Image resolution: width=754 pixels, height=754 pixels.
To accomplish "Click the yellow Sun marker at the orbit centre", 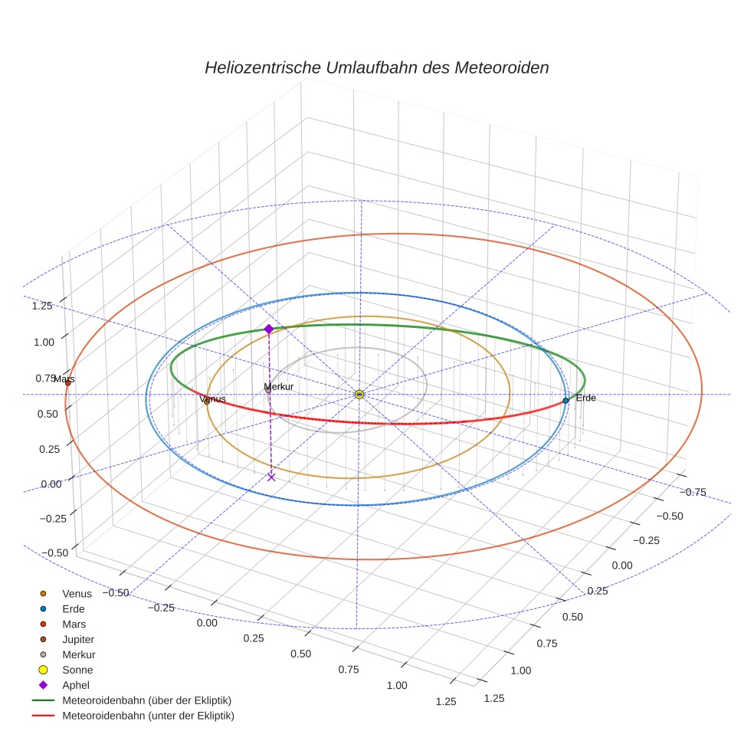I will pyautogui.click(x=359, y=394).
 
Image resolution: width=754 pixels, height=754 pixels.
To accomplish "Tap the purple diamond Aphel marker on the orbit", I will pyautogui.click(x=269, y=329).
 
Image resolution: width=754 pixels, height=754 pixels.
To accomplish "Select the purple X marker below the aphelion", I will pyautogui.click(x=271, y=477).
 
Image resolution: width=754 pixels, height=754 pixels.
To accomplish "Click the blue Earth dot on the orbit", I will pyautogui.click(x=565, y=400).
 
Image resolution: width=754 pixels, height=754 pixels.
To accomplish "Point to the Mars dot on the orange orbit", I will pyautogui.click(x=67, y=383).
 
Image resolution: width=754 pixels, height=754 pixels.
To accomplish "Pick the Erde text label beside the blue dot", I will pyautogui.click(x=585, y=398).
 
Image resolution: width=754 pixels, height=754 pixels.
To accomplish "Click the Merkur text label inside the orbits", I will pyautogui.click(x=278, y=387).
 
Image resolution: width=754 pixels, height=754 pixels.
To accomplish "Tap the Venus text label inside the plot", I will pyautogui.click(x=212, y=399).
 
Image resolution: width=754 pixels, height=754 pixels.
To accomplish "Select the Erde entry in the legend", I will pyautogui.click(x=74, y=608).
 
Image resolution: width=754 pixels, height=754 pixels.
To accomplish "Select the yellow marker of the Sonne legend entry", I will pyautogui.click(x=44, y=670).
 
